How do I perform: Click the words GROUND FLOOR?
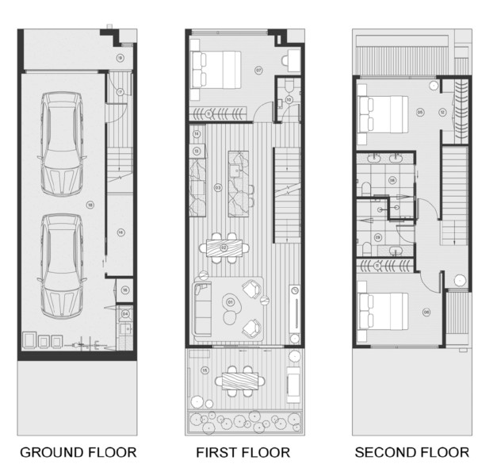(x=78, y=452)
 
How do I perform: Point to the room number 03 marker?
(x=217, y=188)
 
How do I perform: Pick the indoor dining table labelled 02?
(x=224, y=248)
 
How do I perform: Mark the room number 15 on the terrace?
(x=205, y=370)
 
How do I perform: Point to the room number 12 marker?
(x=441, y=112)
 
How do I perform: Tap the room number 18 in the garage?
(x=90, y=205)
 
